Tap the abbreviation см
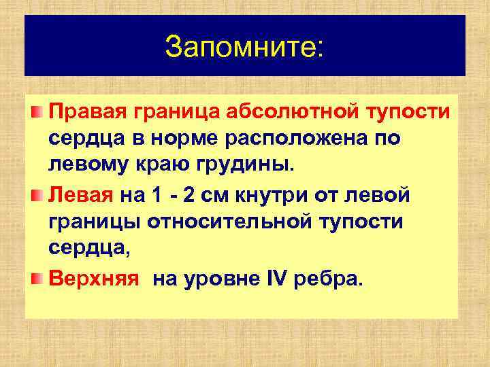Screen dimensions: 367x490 tap(221, 196)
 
